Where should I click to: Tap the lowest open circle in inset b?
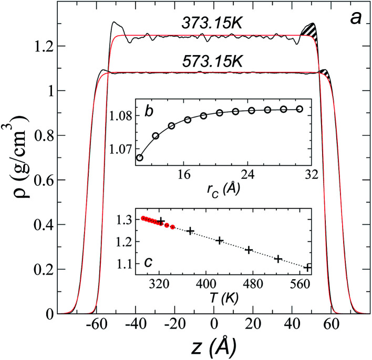[x=139, y=157]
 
